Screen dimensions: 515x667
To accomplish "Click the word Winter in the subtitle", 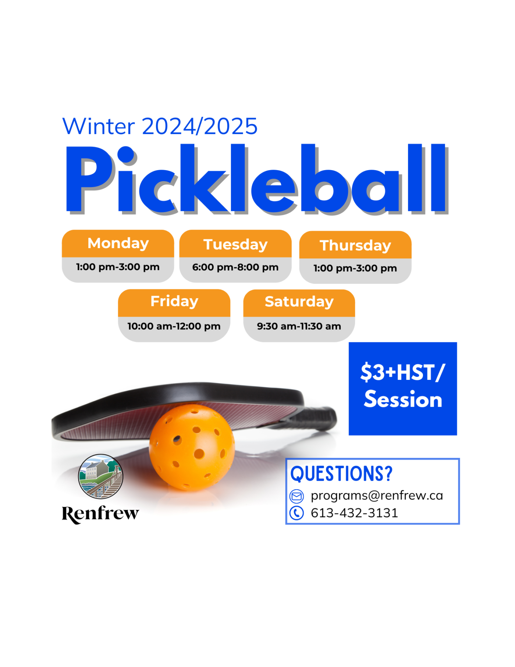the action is (99, 126).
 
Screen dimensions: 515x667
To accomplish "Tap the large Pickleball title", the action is (257, 179).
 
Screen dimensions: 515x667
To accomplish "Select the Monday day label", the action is (118, 244).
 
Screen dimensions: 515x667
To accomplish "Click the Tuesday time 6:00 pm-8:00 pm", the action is (235, 267).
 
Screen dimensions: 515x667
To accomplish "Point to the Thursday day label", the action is (355, 246).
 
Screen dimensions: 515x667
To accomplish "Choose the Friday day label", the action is (174, 301).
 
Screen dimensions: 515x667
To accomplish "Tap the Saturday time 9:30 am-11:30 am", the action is (299, 326).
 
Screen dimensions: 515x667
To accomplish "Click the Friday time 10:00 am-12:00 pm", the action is (174, 327).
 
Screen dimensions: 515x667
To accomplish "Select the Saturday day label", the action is (299, 302).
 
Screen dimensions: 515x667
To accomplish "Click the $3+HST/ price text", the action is (403, 373).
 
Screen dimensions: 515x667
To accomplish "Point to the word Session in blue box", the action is (403, 399).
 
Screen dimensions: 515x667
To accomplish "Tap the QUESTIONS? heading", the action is (341, 474).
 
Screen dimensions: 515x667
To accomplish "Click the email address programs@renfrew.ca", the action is (377, 496).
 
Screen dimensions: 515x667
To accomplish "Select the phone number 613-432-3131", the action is (354, 513).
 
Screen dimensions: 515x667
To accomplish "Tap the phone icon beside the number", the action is (296, 513).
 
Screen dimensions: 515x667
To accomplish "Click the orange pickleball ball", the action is (192, 448).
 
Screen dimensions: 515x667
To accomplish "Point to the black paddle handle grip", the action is (316, 418).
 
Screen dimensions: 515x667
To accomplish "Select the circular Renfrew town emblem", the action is (100, 477).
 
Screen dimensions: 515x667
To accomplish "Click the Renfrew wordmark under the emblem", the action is (100, 514).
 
